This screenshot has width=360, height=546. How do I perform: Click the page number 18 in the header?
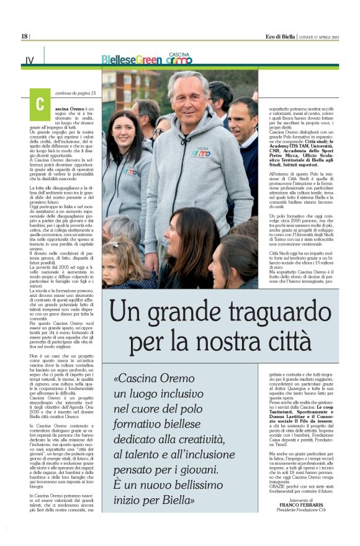tap(25, 36)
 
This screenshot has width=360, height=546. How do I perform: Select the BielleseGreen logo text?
tap(132, 60)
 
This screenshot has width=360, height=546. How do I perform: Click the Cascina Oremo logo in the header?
tap(179, 58)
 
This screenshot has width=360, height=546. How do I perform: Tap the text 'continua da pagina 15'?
tap(75, 93)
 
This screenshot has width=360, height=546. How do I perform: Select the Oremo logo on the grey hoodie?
tap(200, 152)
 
